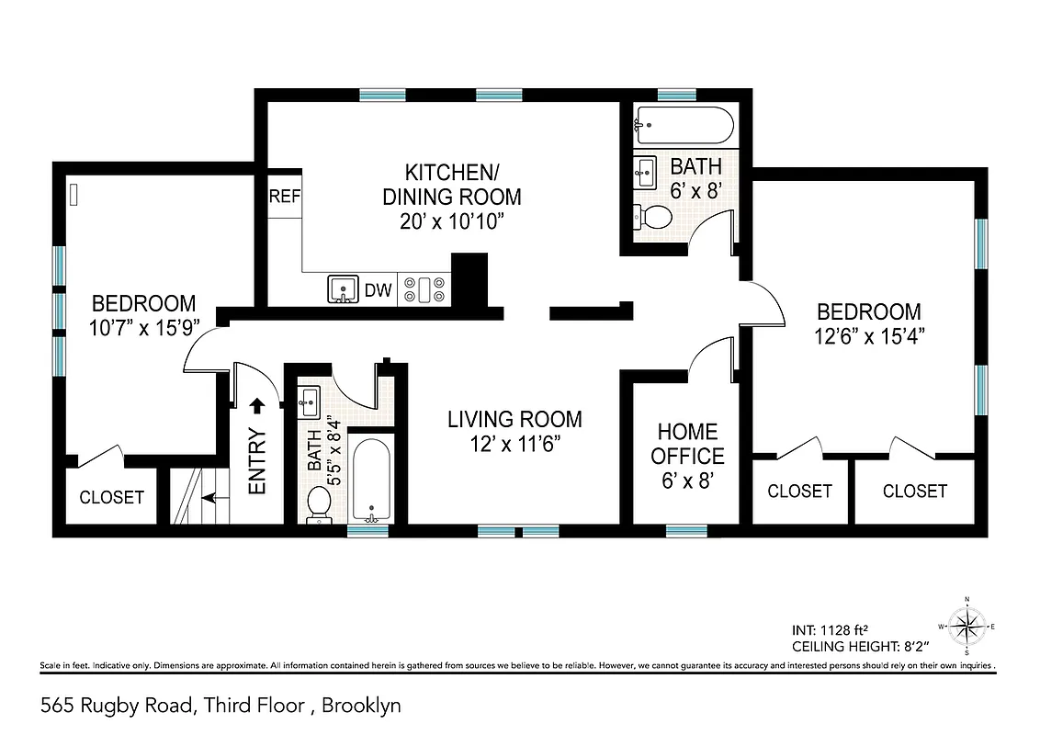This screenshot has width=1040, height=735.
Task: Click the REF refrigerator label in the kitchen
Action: (x=284, y=197)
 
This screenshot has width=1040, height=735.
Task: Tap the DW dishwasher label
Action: (x=379, y=291)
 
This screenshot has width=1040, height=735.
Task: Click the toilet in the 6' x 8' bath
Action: (x=653, y=217)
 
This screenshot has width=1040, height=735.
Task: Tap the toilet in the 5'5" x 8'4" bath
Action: (x=319, y=503)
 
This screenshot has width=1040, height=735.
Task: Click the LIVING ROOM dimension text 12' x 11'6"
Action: (x=514, y=443)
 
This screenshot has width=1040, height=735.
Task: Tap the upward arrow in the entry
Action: (x=258, y=404)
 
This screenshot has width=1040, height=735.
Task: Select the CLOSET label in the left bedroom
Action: (x=112, y=497)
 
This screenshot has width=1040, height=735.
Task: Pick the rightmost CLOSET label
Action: (x=914, y=492)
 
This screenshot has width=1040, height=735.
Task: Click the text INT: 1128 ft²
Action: (x=829, y=631)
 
